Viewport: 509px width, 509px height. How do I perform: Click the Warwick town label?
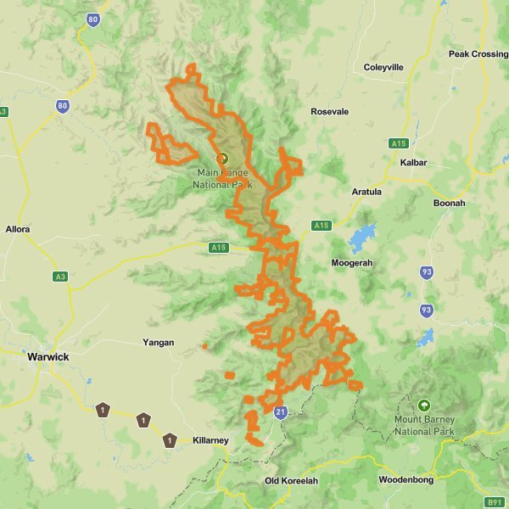pyautogui.click(x=48, y=357)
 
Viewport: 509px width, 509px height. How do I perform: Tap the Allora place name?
pyautogui.click(x=18, y=230)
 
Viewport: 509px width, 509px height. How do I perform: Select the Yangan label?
pyautogui.click(x=159, y=343)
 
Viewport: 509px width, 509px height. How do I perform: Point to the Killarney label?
pyautogui.click(x=210, y=441)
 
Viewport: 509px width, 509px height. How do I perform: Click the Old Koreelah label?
pyautogui.click(x=291, y=481)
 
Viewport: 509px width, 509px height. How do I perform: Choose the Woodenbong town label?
pyautogui.click(x=405, y=480)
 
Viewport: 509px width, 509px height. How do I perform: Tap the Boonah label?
pyautogui.click(x=449, y=204)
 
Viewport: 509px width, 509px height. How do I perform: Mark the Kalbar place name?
pyautogui.click(x=412, y=162)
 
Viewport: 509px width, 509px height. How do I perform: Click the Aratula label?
pyautogui.click(x=366, y=192)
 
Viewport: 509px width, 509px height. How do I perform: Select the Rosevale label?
pyautogui.click(x=330, y=112)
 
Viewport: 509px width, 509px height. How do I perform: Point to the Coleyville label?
pyautogui.click(x=383, y=67)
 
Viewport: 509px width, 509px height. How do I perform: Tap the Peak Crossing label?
pyautogui.click(x=478, y=54)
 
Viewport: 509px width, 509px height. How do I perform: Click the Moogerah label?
pyautogui.click(x=351, y=263)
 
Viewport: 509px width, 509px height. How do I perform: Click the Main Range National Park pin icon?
pyautogui.click(x=223, y=158)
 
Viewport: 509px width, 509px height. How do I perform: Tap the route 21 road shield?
pyautogui.click(x=282, y=412)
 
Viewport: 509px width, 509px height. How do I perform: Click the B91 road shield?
pyautogui.click(x=495, y=501)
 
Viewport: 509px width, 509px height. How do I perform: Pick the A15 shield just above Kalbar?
pyautogui.click(x=399, y=143)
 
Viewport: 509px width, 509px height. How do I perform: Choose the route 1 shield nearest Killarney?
pyautogui.click(x=171, y=439)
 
